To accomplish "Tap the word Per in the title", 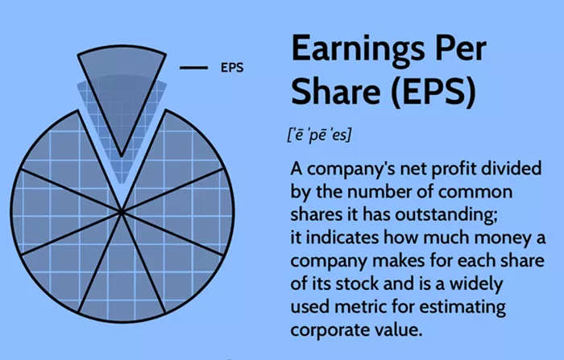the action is click(x=461, y=48).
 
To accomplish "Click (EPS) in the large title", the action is click(x=433, y=91).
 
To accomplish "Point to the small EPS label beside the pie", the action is click(x=232, y=68).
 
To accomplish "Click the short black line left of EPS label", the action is click(x=193, y=68).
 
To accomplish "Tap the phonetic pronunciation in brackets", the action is click(x=319, y=135).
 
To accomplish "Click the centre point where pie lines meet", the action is click(x=122, y=212).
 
